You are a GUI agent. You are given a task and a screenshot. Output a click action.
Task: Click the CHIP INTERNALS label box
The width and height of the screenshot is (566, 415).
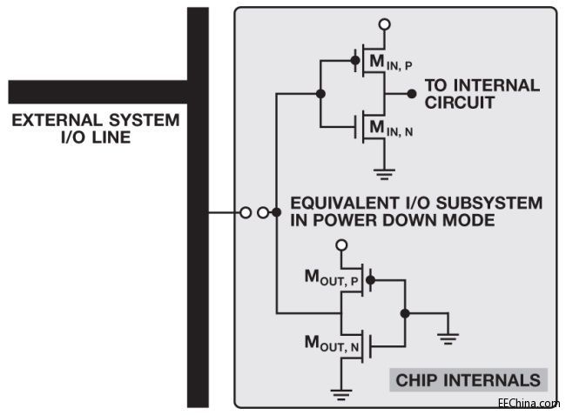(468, 380)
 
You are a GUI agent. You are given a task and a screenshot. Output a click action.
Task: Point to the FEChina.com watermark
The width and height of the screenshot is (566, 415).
(529, 404)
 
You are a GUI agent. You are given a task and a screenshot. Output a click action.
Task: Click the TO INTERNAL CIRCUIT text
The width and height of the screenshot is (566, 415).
(482, 94)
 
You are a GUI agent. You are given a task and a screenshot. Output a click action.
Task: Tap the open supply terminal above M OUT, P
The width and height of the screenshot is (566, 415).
(342, 246)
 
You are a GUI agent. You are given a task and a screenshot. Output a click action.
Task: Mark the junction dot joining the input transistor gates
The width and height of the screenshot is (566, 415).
(321, 93)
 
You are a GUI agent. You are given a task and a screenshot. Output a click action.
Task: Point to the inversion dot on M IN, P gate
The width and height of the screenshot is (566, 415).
(355, 60)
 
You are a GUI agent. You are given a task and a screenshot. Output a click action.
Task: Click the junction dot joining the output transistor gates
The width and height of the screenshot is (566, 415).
(405, 313)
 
